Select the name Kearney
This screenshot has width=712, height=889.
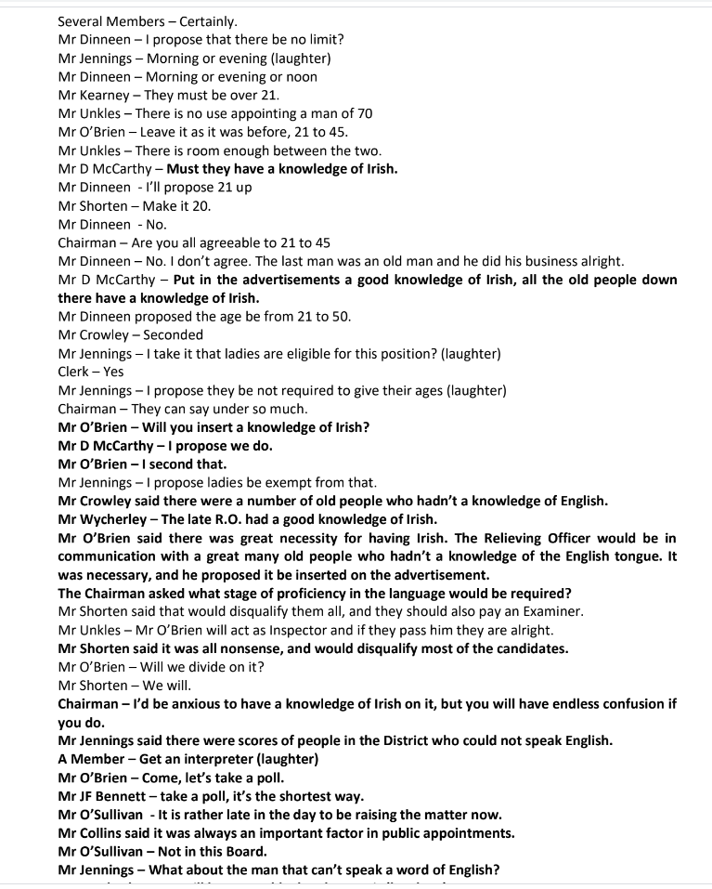click(x=106, y=95)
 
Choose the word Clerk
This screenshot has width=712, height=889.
click(x=75, y=372)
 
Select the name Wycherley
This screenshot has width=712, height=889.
click(x=118, y=518)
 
